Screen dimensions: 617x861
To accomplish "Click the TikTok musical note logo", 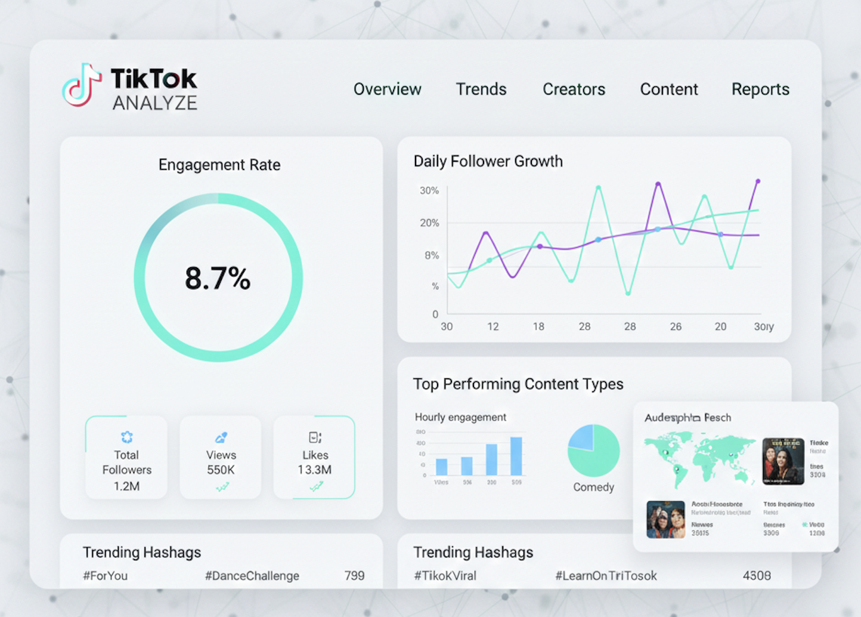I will click(x=82, y=85).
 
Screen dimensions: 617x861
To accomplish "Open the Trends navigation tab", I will click(x=481, y=90).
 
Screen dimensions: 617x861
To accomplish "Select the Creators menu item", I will click(x=574, y=90).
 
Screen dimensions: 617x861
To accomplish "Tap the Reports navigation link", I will click(x=760, y=90).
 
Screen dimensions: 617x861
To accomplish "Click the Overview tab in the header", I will click(x=387, y=90).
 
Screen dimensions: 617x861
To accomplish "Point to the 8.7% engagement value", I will click(x=218, y=279).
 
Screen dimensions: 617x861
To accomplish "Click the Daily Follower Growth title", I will click(x=488, y=161).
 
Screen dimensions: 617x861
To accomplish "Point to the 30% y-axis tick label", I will click(x=429, y=191).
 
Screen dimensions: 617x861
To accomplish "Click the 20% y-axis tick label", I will click(x=429, y=223).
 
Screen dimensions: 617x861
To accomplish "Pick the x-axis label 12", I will click(x=493, y=327).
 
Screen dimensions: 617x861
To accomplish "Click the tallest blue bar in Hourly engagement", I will click(x=516, y=456).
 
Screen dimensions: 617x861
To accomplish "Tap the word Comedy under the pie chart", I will click(x=593, y=488).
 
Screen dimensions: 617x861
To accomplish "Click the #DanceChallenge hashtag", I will click(x=252, y=576).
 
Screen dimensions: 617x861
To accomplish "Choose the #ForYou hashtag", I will click(x=105, y=576).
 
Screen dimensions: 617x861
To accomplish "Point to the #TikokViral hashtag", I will click(x=445, y=576).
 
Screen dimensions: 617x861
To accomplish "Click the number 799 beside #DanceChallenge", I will click(x=354, y=576).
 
